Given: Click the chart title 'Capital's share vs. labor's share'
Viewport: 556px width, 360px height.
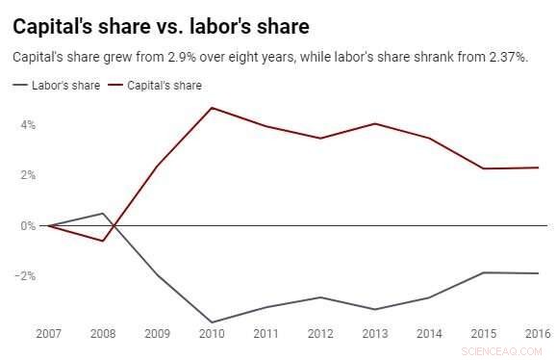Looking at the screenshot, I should pos(161,24).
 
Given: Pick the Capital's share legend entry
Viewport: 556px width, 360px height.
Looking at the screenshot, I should pos(164,86).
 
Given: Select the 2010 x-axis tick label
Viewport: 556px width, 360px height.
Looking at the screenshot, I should pos(212,334).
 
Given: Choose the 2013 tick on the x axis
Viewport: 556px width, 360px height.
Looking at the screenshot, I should pos(375,334).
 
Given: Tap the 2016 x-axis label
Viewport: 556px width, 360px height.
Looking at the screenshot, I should pos(538,334).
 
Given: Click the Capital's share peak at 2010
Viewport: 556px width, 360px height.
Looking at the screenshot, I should pos(212,107).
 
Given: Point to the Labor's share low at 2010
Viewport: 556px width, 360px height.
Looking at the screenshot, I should pos(212,322).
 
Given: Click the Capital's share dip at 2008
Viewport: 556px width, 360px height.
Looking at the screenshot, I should pos(103,241).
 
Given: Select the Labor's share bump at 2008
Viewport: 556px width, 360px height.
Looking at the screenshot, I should pos(103,213).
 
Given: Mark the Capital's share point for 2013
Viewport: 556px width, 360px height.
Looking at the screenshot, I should pos(375,123).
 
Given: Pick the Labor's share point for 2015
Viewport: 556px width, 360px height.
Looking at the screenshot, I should pos(484,272).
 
